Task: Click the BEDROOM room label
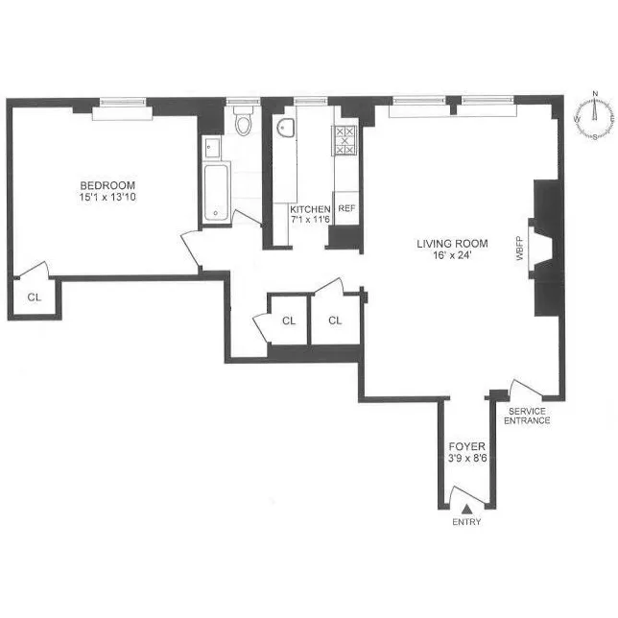click(x=107, y=185)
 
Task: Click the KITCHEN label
click(x=311, y=209)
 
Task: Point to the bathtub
click(x=217, y=192)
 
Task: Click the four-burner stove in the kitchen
click(x=344, y=140)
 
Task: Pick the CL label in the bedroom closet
click(x=35, y=297)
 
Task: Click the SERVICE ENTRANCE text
click(x=529, y=415)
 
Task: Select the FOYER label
click(x=467, y=447)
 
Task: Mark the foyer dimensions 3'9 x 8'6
click(x=467, y=459)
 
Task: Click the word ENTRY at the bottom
click(x=466, y=522)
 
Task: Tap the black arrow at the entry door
click(x=466, y=508)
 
